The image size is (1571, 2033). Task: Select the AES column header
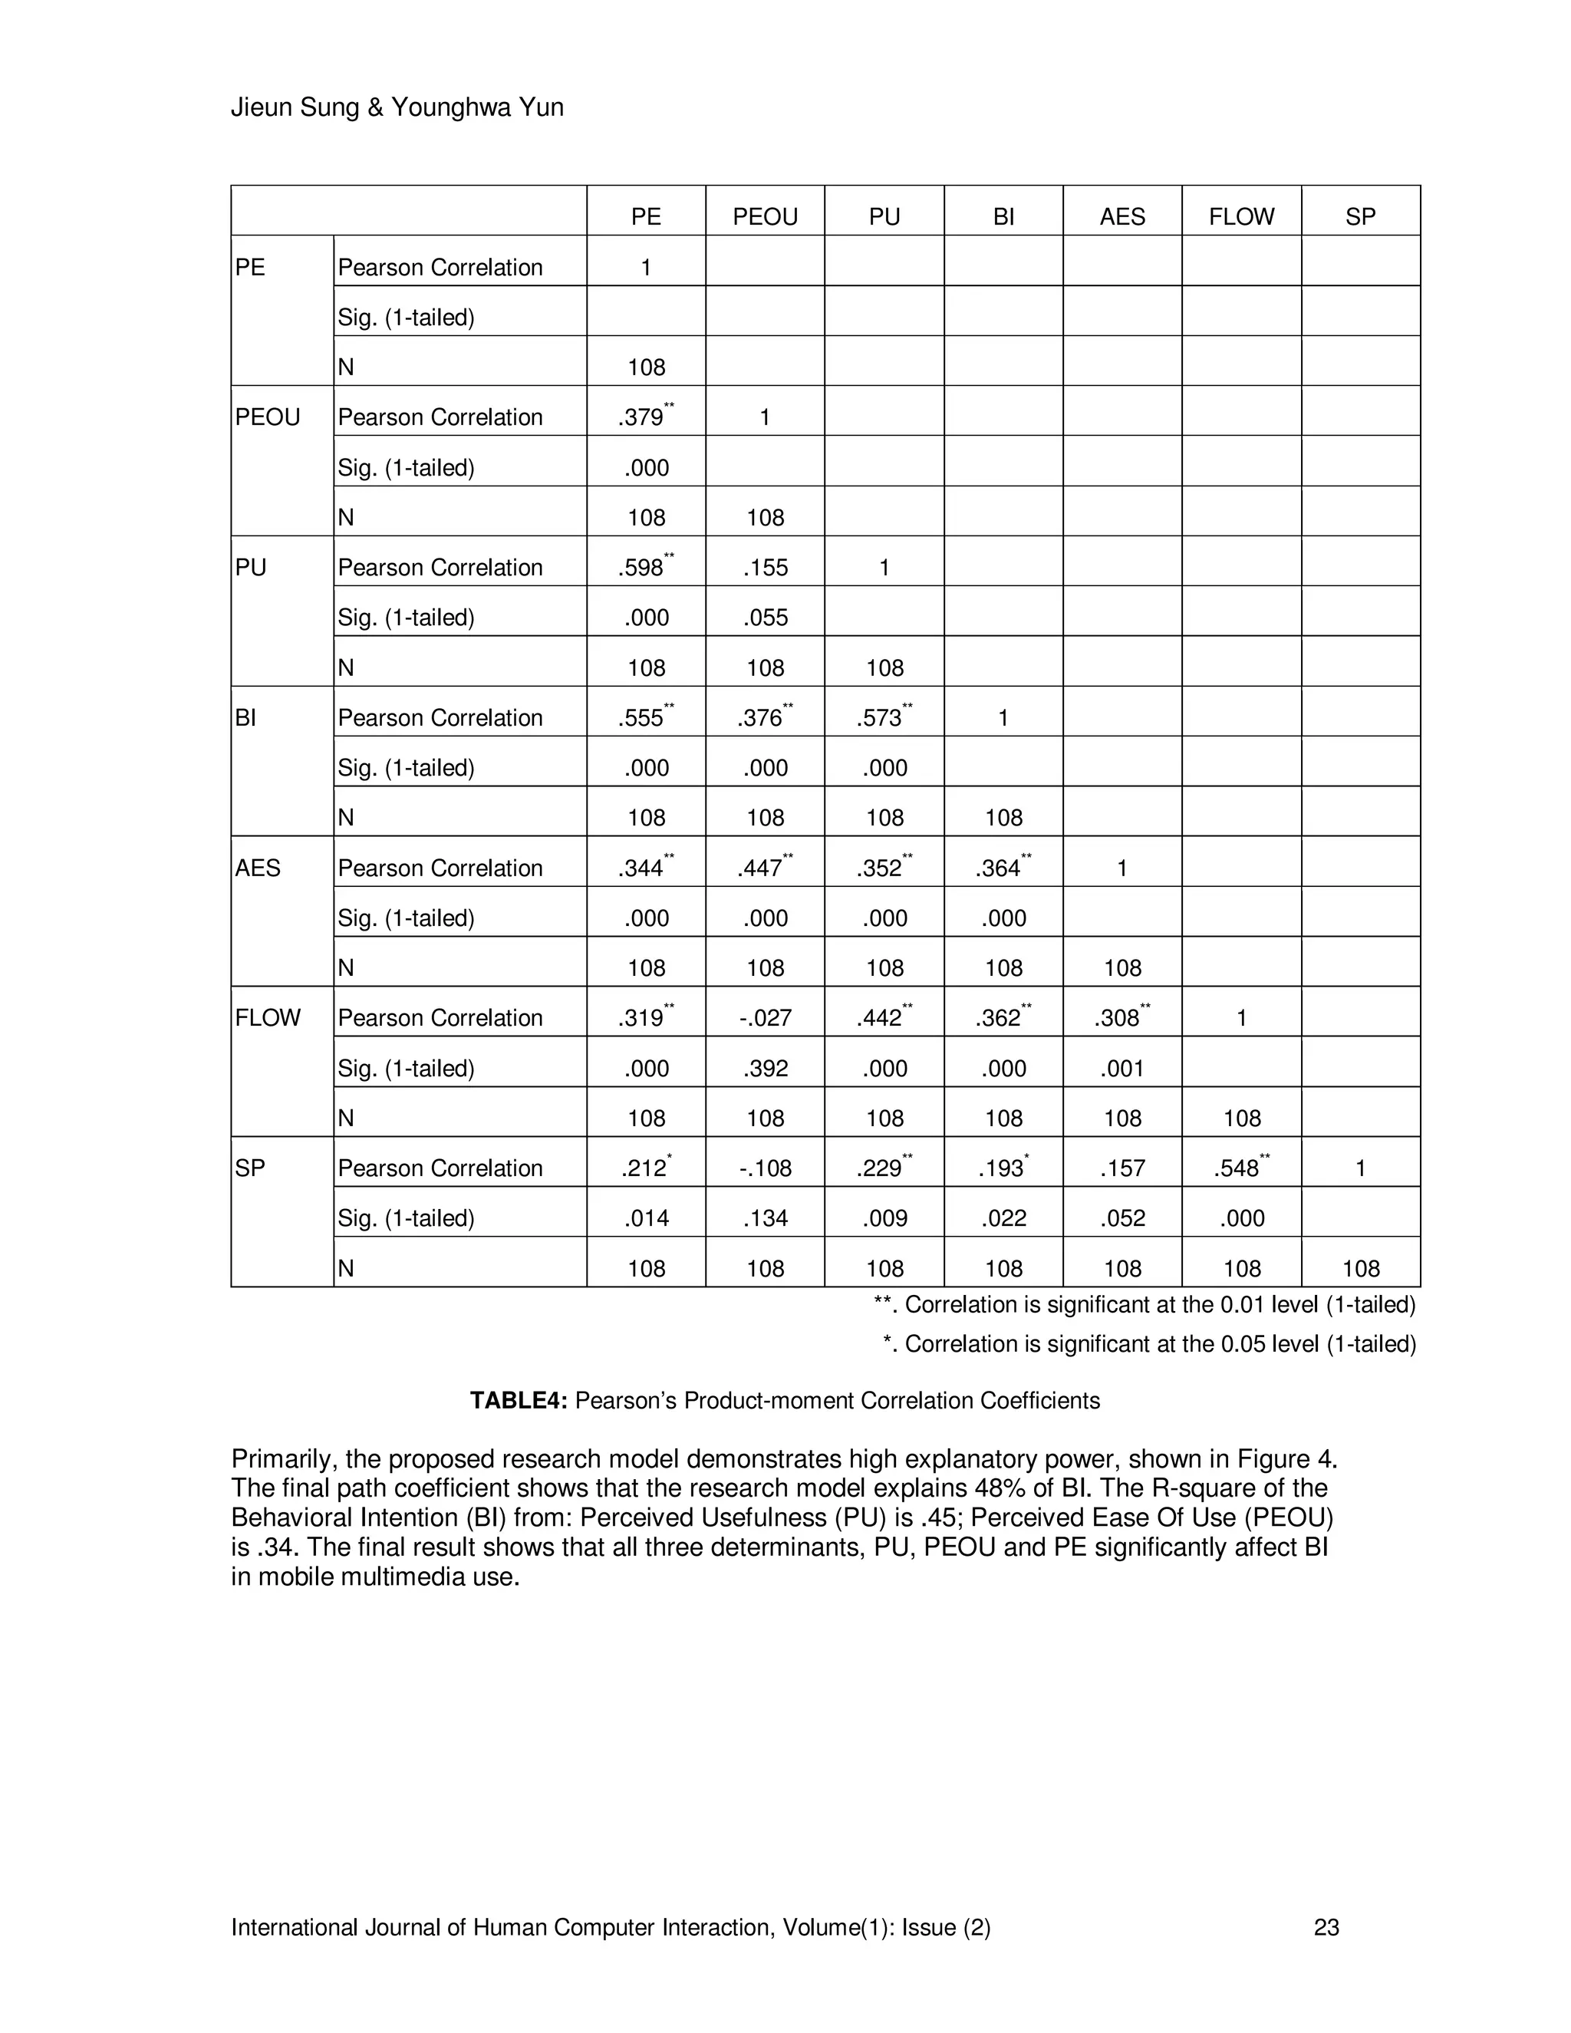click(x=1121, y=217)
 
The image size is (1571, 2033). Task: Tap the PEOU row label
click(x=267, y=417)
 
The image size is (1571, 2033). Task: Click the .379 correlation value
click(x=641, y=417)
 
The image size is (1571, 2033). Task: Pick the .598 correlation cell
click(x=641, y=568)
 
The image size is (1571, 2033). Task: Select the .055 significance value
click(x=765, y=618)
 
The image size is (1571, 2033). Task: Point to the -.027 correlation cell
click(x=765, y=1018)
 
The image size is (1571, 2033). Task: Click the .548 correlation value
click(x=1237, y=1168)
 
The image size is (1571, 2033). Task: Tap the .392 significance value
click(x=765, y=1069)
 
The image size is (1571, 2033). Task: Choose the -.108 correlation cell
click(x=765, y=1168)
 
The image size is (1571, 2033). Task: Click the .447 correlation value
click(x=760, y=868)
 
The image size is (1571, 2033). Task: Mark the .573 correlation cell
click(x=880, y=718)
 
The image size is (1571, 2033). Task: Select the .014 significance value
click(x=646, y=1218)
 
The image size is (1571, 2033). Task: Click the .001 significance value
click(x=1121, y=1069)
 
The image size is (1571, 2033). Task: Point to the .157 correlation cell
click(x=1121, y=1168)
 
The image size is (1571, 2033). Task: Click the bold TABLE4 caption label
click(x=518, y=1401)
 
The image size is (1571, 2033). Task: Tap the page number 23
click(x=1326, y=1928)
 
